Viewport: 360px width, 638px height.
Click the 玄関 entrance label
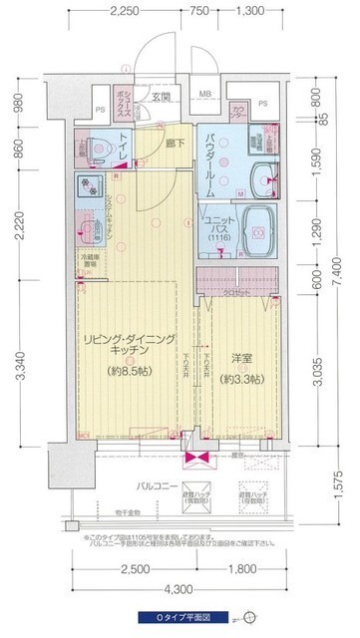coord(162,97)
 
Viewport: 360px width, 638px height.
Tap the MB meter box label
coord(204,96)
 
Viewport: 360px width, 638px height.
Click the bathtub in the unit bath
coord(256,233)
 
